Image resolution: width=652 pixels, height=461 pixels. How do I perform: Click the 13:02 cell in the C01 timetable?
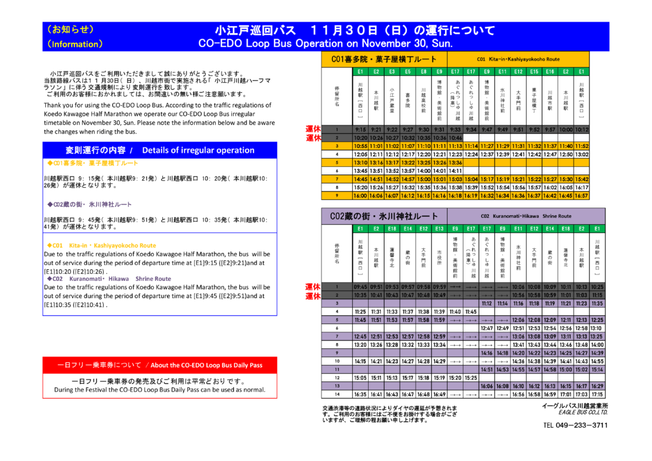click(581, 155)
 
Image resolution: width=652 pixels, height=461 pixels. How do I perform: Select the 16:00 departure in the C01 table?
click(360, 196)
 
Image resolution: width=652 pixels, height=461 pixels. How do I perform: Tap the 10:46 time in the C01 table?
click(455, 138)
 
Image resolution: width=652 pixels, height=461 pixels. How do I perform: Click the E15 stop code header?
click(534, 72)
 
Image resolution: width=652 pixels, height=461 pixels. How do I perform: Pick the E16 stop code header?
click(550, 72)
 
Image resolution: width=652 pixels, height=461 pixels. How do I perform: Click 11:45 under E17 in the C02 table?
click(471, 311)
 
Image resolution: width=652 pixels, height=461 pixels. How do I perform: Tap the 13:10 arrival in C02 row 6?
click(597, 328)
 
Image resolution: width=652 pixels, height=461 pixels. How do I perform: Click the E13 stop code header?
click(439, 229)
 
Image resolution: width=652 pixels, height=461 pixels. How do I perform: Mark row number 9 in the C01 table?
click(337, 196)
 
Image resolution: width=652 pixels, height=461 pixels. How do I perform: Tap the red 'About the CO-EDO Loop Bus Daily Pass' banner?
click(160, 365)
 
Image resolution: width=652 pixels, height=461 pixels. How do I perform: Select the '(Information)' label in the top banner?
click(75, 44)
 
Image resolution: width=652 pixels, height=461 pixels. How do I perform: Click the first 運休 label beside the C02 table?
click(313, 287)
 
